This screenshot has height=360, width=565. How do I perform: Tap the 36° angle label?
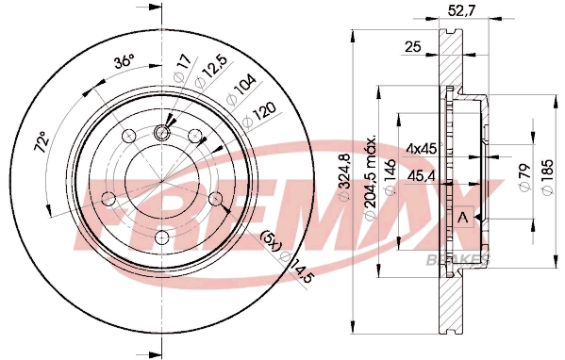[123, 62]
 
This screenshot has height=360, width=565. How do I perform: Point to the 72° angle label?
[41, 144]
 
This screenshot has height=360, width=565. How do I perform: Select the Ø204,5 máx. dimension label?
[373, 180]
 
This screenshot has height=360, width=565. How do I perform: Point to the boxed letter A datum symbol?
[463, 216]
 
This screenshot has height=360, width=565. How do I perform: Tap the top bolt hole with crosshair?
[162, 133]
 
